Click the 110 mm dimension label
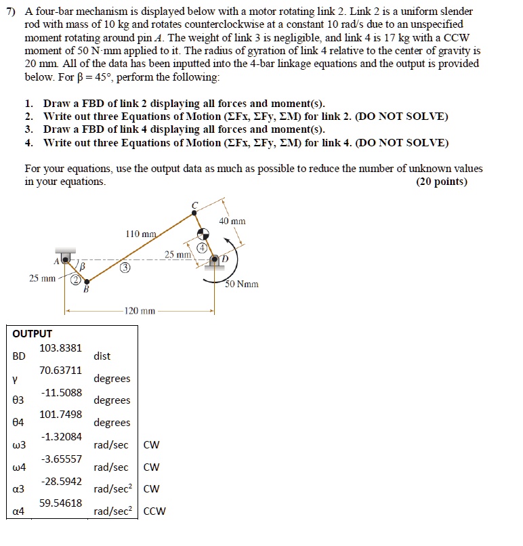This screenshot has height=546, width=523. click(x=141, y=234)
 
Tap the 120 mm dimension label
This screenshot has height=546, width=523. click(x=140, y=312)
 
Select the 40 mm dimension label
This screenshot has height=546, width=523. click(x=232, y=221)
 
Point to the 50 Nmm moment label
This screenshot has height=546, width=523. click(x=242, y=284)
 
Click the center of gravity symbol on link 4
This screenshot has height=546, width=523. click(x=202, y=234)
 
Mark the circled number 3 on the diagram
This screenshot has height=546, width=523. click(x=125, y=268)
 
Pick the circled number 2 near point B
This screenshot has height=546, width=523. click(x=77, y=280)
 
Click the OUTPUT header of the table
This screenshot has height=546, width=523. click(x=33, y=333)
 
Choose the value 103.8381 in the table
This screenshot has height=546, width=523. click(x=61, y=348)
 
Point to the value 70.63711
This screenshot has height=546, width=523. click(x=61, y=370)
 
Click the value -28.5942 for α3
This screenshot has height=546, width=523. click(x=62, y=481)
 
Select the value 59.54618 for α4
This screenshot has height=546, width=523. click(x=61, y=503)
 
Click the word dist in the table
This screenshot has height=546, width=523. click(x=102, y=356)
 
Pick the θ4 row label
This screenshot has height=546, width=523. click(x=19, y=422)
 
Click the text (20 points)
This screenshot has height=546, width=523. click(x=442, y=182)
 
